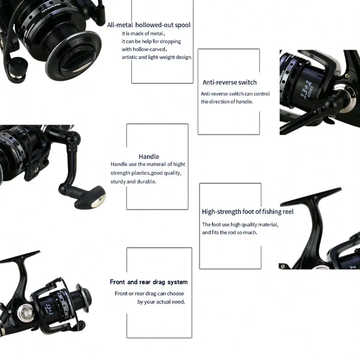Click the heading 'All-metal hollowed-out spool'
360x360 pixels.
tap(149, 25)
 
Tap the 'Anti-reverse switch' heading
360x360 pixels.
tap(229, 82)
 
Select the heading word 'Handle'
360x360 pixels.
tap(149, 157)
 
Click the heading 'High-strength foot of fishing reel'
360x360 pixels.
tap(247, 212)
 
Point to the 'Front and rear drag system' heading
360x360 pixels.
tap(149, 282)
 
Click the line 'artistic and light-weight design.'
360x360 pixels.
tap(157, 57)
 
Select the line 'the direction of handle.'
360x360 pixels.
tap(227, 102)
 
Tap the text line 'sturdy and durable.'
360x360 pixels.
tap(133, 182)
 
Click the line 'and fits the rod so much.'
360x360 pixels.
tap(229, 233)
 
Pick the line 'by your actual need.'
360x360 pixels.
tap(161, 302)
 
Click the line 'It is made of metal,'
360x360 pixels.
tap(143, 34)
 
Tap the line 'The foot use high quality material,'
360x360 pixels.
tap(240, 225)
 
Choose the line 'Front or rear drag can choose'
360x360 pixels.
tap(149, 293)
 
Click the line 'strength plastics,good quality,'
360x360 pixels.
tap(146, 173)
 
